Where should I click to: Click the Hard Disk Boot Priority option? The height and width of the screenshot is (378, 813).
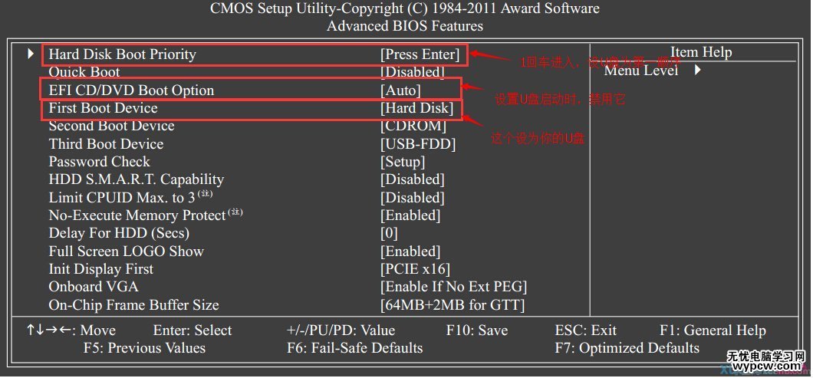tap(123, 54)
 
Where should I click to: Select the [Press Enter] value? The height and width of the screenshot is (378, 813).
tap(420, 54)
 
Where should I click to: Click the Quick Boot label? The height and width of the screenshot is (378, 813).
tap(84, 72)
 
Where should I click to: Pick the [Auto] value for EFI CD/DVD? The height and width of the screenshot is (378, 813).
tap(401, 90)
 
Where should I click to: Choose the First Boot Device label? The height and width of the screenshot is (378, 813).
tap(104, 108)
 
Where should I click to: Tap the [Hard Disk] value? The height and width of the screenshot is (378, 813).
tap(417, 108)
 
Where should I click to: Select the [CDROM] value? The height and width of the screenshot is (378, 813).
tap(413, 126)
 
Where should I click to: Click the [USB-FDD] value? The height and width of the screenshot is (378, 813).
tap(418, 144)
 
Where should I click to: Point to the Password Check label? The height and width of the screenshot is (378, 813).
tap(100, 162)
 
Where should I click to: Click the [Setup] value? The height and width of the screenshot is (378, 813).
tap(403, 162)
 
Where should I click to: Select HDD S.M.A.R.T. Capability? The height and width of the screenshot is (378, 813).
tap(137, 179)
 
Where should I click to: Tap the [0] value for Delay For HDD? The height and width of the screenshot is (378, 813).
tap(390, 233)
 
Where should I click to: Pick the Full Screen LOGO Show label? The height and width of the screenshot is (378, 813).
tap(127, 251)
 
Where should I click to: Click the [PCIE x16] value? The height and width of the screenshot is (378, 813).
tap(416, 269)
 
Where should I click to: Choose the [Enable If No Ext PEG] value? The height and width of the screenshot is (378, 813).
tap(454, 287)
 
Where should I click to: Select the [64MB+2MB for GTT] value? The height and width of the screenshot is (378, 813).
tap(453, 305)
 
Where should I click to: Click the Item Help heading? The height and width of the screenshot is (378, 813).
tap(701, 53)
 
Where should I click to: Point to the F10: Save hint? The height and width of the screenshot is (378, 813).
tap(477, 331)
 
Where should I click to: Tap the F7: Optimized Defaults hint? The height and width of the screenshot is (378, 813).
tap(627, 348)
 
